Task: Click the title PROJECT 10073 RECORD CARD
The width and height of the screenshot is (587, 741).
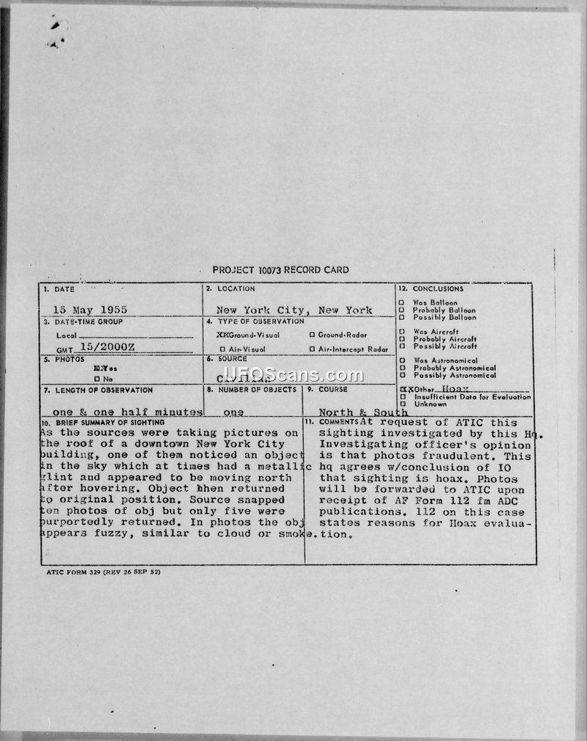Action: coord(281,270)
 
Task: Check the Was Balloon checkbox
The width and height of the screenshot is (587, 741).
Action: coord(401,303)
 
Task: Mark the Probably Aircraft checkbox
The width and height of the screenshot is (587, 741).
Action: coord(401,339)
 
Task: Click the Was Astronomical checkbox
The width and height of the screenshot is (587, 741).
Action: coord(401,361)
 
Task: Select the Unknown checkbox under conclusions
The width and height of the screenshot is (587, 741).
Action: coord(401,404)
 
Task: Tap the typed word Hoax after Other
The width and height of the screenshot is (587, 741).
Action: coord(467,388)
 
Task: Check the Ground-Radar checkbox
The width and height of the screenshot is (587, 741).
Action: coord(312,335)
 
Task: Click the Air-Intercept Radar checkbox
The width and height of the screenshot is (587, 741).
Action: coord(312,349)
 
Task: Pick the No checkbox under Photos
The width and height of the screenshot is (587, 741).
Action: coord(98,379)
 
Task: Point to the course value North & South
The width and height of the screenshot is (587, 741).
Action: coord(363,412)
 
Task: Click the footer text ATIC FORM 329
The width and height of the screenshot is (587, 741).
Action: coord(101,571)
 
